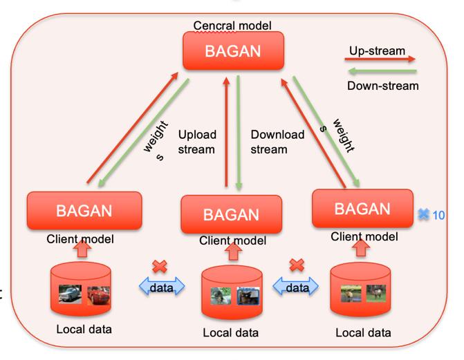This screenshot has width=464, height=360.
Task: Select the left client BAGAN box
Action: [x=84, y=212]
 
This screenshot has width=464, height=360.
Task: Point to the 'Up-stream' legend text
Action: [x=377, y=50]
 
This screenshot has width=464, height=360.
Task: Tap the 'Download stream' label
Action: [x=277, y=141]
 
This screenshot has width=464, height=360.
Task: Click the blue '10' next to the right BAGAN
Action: [x=438, y=215]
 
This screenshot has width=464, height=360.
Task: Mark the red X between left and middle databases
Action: [x=159, y=267]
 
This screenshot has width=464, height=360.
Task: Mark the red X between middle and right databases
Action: [x=297, y=265]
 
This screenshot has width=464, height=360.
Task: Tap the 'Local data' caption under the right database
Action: [x=363, y=333]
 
